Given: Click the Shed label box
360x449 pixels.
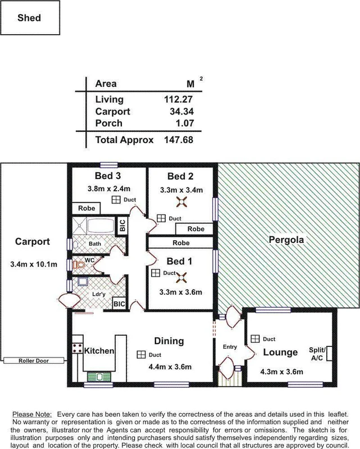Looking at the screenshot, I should [29, 19].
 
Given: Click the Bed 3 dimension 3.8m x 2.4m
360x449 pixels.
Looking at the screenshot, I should [109, 188].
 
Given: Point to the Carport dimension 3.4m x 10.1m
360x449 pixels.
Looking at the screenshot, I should [34, 264].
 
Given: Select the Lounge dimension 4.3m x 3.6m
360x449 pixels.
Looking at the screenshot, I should [281, 372].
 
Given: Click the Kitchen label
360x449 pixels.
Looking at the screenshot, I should [99, 351].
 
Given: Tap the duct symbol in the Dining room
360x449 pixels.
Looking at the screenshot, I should [139, 355].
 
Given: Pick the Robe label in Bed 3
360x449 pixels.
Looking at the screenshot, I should [86, 208].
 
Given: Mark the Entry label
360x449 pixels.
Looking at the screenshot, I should [230, 347].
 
